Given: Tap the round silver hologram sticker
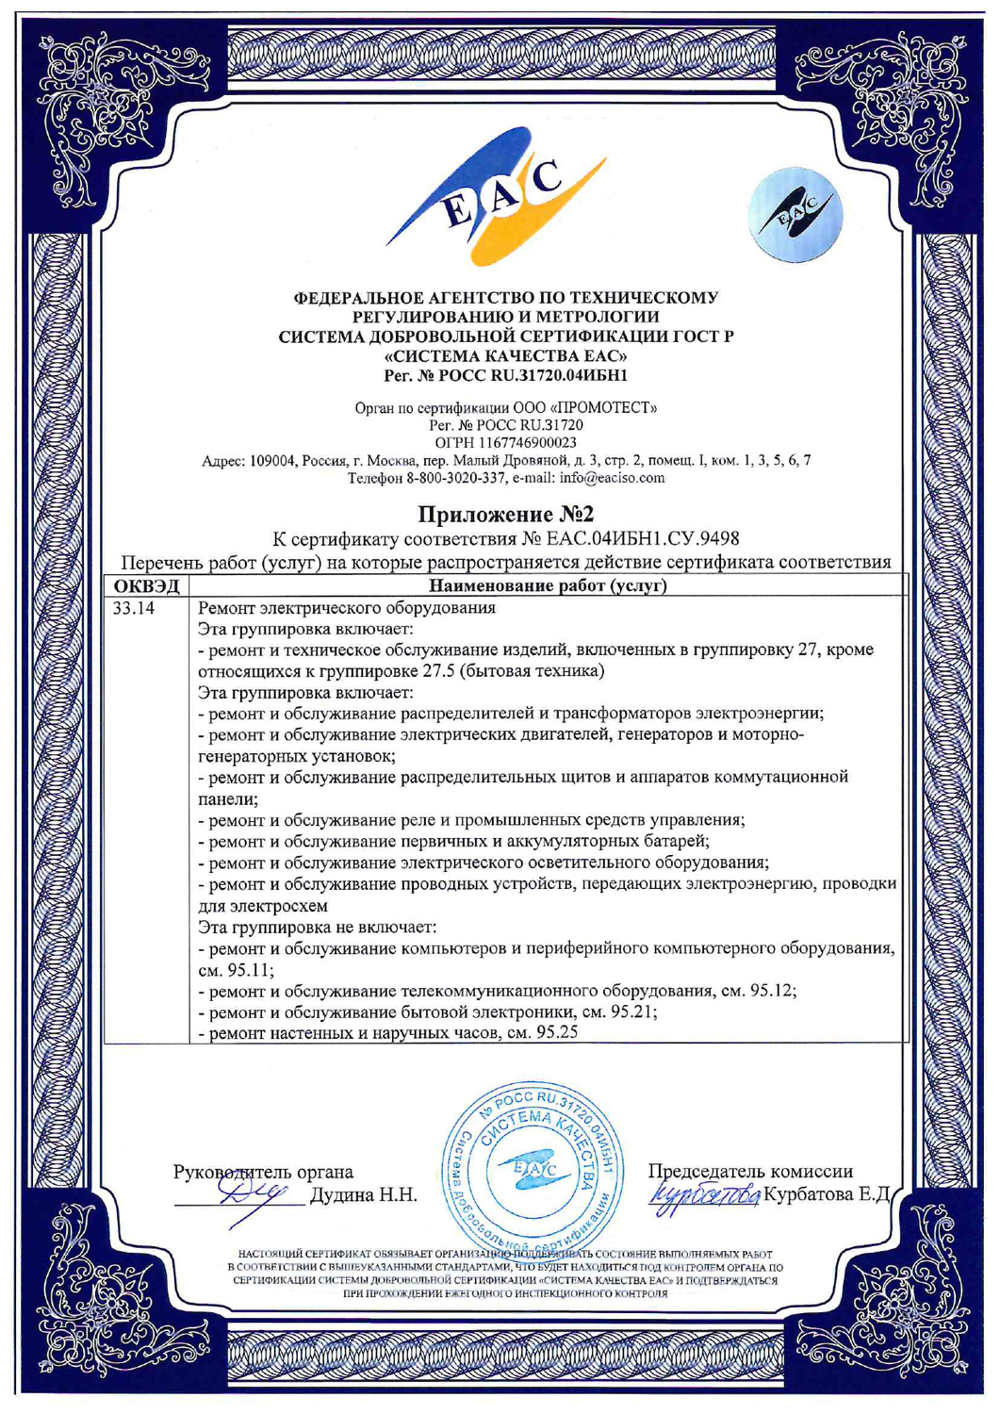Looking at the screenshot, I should point(795,216).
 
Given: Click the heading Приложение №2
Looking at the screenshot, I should point(506,514).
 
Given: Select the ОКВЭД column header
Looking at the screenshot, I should point(146,586).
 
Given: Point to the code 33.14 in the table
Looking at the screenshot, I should point(134,608).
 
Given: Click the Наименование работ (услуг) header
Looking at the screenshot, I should point(548,586).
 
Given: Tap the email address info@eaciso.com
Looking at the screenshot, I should point(617,477).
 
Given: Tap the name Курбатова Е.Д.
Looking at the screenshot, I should point(827,1194).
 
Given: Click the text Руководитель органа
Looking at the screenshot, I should point(263,1171).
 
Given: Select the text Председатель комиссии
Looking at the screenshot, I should point(749,1171).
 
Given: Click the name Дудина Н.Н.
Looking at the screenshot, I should point(364,1195).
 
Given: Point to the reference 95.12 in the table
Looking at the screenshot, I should point(772,991).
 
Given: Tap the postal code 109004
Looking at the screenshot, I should point(274,460).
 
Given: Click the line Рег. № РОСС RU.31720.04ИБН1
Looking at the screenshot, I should point(505,375).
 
